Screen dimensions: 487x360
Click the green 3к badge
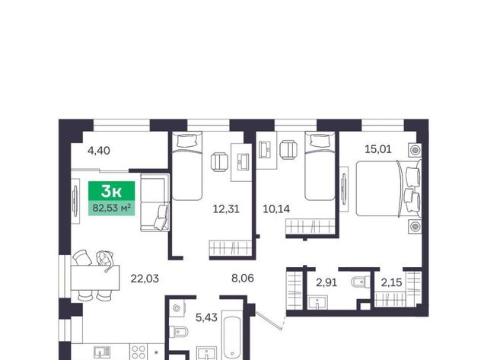(x=112, y=191)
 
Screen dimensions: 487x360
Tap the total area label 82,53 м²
(x=112, y=208)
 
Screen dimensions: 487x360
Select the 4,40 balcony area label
(x=99, y=151)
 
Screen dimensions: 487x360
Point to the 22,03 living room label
(x=145, y=279)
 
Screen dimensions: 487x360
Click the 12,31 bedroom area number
(x=226, y=209)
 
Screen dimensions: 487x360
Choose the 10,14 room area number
(x=276, y=209)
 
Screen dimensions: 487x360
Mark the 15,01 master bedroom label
(x=378, y=149)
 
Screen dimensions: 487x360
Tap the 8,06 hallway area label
(x=243, y=278)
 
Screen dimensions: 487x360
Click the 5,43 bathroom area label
(x=206, y=317)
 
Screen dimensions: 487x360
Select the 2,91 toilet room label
(x=326, y=282)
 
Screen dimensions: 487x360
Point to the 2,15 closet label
(x=391, y=282)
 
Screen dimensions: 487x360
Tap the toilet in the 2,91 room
(x=360, y=282)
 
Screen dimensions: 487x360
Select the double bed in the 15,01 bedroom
(x=389, y=188)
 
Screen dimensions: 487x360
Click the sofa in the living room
(x=155, y=202)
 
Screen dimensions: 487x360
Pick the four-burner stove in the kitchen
(x=138, y=352)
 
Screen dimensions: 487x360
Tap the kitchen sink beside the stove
(x=102, y=353)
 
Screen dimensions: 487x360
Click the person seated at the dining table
(x=105, y=259)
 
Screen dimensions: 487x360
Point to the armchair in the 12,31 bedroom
(x=219, y=162)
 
